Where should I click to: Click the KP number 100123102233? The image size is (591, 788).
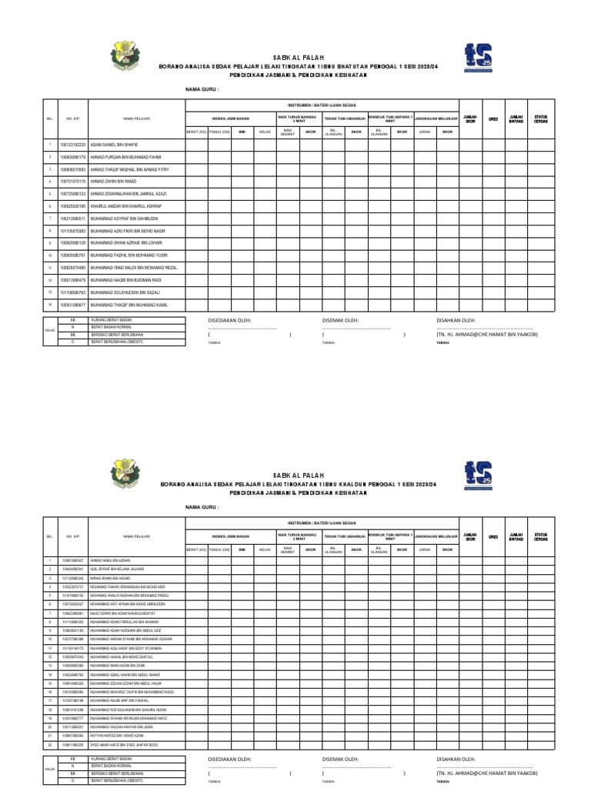(73, 145)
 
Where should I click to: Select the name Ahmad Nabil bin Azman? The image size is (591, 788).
(112, 561)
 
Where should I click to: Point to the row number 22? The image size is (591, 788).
(49, 746)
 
